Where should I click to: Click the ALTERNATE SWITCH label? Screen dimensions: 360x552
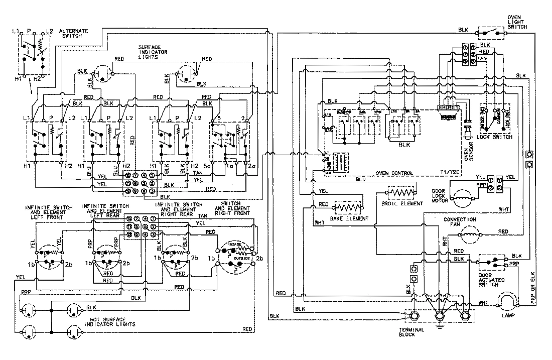pyautogui.click(x=73, y=35)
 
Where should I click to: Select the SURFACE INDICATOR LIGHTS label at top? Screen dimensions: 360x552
pyautogui.click(x=154, y=52)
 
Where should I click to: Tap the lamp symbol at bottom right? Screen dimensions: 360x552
pyautogui.click(x=508, y=302)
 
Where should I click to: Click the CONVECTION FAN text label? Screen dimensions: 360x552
pyautogui.click(x=459, y=222)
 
